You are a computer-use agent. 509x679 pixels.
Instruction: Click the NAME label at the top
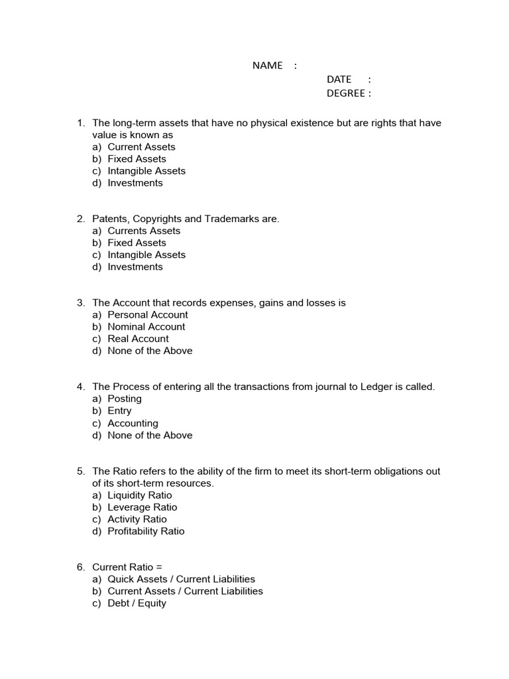coord(267,65)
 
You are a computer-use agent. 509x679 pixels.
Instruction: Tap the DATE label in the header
coord(339,79)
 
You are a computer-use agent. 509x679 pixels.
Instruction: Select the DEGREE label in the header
coord(345,93)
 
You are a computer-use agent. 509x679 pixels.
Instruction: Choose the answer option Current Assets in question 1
coord(141,147)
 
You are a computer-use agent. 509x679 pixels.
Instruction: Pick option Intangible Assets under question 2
coord(146,255)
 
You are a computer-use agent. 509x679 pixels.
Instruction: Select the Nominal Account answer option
coord(146,326)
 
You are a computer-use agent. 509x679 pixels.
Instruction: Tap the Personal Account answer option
coord(148,314)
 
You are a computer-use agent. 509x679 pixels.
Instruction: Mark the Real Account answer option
coord(138,338)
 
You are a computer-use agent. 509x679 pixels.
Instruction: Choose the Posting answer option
coord(125,399)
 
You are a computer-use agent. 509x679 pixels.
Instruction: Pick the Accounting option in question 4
coord(133,423)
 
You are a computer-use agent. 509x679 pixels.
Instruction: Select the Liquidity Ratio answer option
coord(140,495)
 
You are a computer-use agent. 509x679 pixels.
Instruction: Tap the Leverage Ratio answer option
coord(142,507)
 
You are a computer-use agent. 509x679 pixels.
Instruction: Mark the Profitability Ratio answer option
coord(146,531)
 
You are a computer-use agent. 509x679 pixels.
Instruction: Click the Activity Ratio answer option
coord(137,519)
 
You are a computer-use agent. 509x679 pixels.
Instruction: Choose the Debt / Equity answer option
coord(137,603)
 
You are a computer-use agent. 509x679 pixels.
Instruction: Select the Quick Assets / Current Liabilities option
coord(181,579)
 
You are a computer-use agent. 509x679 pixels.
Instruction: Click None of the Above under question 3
coord(150,350)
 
